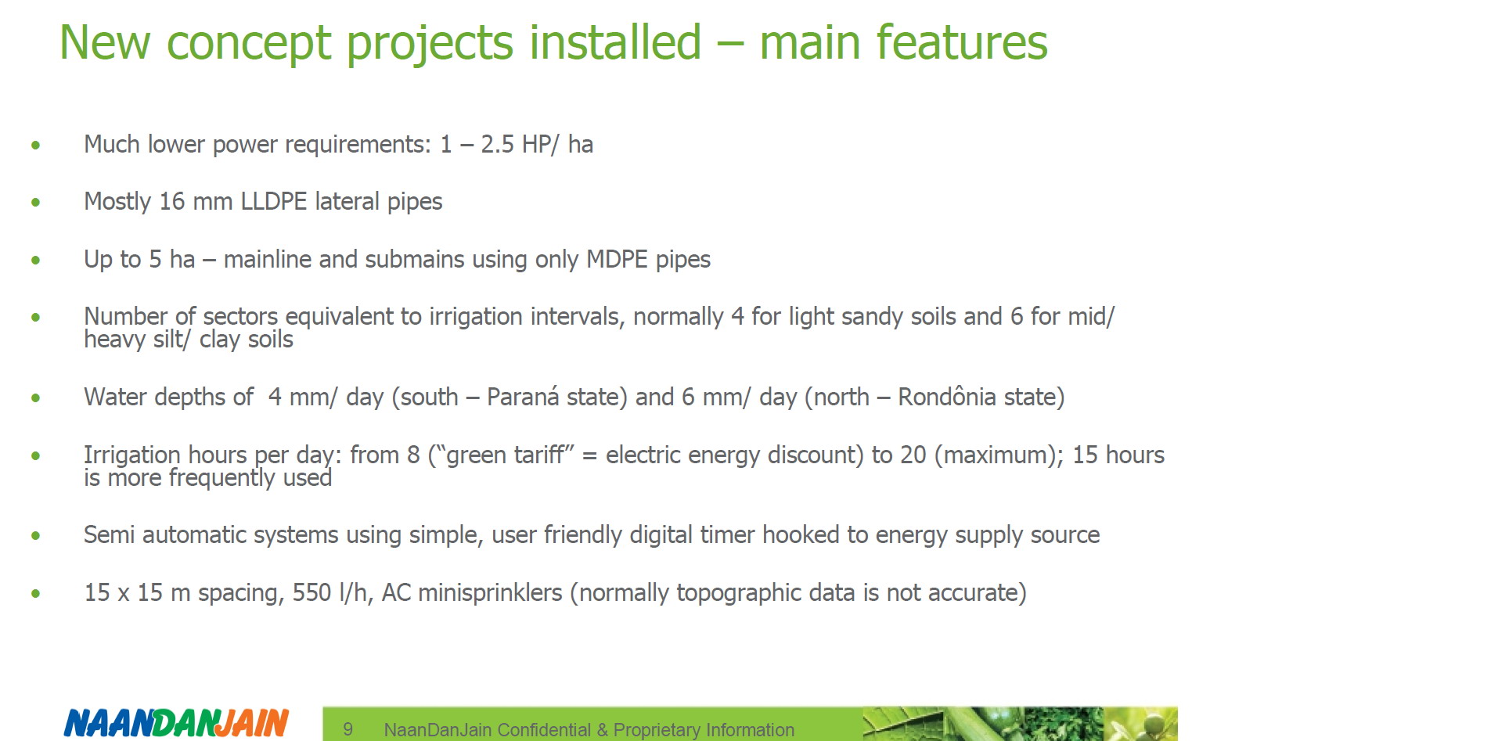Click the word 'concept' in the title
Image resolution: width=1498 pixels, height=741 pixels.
(250, 44)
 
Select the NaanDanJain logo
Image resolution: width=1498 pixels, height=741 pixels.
(176, 722)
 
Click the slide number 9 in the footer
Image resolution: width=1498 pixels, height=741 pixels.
(348, 729)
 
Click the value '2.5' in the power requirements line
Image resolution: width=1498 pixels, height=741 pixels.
(498, 145)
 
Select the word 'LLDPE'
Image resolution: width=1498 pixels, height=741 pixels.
(273, 202)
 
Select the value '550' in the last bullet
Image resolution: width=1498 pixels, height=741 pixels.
(312, 593)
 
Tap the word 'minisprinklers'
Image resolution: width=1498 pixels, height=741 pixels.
(490, 593)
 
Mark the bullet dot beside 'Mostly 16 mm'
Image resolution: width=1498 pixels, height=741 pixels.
(35, 203)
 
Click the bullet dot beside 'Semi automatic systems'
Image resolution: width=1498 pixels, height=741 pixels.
(35, 536)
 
